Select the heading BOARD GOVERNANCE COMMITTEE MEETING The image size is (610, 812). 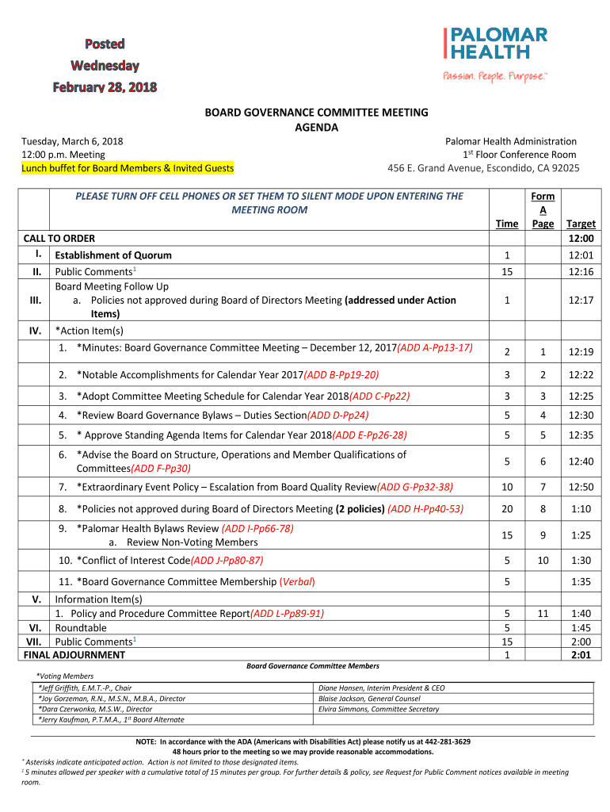coord(305,113)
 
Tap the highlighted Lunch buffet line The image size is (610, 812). coord(128,168)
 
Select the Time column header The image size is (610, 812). coord(507,224)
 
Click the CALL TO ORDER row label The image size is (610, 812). coord(59,239)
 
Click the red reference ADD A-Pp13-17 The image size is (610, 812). coord(435,347)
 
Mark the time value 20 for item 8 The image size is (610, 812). coord(507,508)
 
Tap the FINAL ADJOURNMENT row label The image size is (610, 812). coord(74,655)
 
